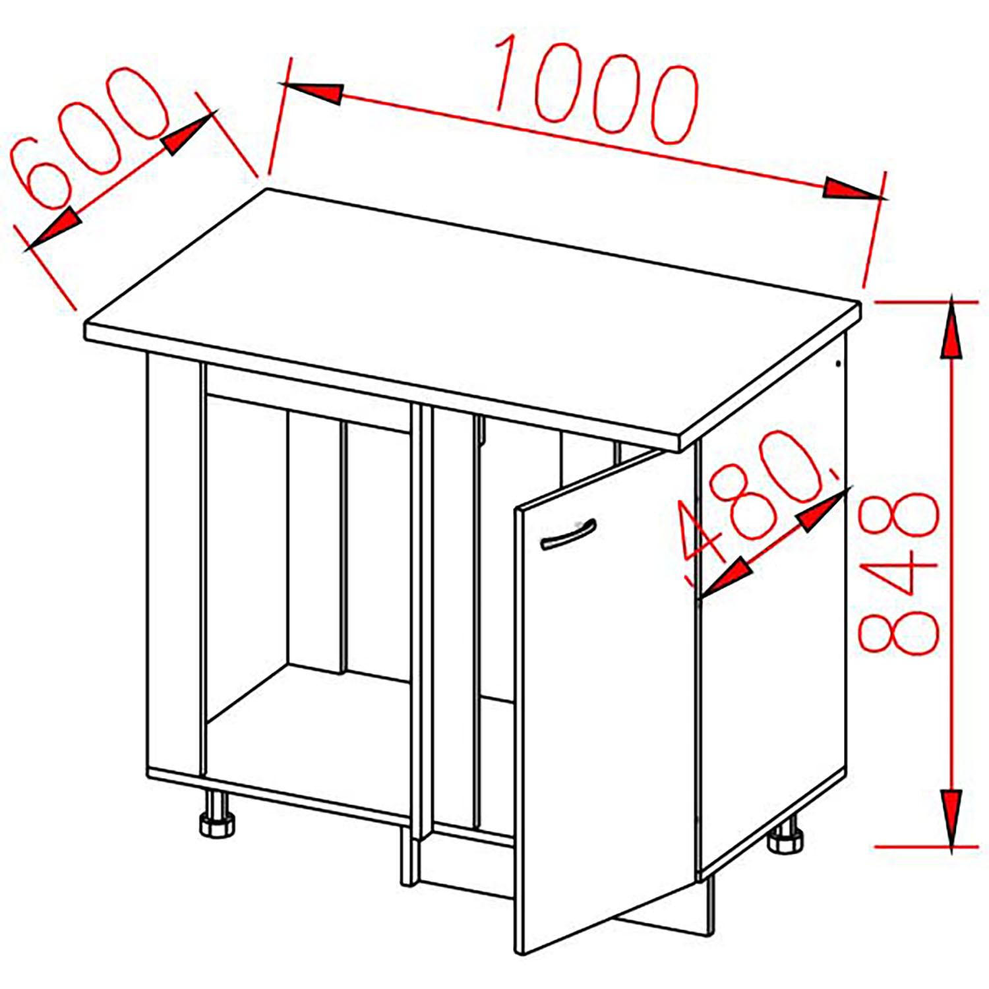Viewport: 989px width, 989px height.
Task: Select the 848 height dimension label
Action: tap(898, 573)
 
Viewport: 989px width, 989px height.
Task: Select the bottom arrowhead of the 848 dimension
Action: tap(950, 818)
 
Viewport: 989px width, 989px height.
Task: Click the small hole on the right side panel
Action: tap(838, 363)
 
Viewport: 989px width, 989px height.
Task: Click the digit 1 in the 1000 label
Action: tap(508, 73)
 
